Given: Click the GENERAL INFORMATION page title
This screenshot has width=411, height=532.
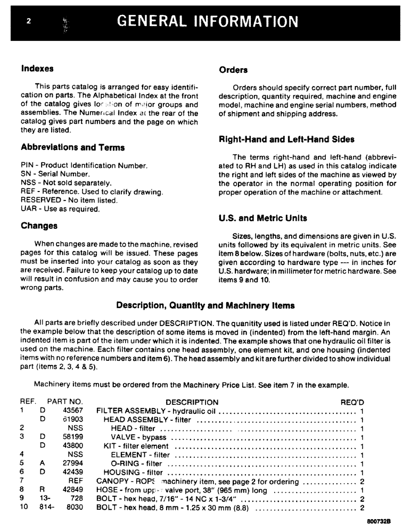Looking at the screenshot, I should click(207, 21).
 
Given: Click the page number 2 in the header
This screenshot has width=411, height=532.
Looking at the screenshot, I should click(29, 22).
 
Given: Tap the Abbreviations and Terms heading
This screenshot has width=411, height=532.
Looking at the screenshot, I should click(72, 147).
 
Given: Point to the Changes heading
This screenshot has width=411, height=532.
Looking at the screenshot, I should click(39, 226).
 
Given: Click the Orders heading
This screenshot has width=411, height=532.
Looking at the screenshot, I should click(233, 70).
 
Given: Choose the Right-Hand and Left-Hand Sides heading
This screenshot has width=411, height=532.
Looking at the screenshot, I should click(286, 139).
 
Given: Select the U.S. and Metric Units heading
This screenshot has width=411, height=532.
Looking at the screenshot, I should click(263, 218).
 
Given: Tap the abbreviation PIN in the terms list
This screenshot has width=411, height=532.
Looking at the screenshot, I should click(27, 166).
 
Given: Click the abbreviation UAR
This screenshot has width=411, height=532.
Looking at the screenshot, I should click(28, 209).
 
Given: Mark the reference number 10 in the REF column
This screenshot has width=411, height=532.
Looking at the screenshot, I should click(24, 507).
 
